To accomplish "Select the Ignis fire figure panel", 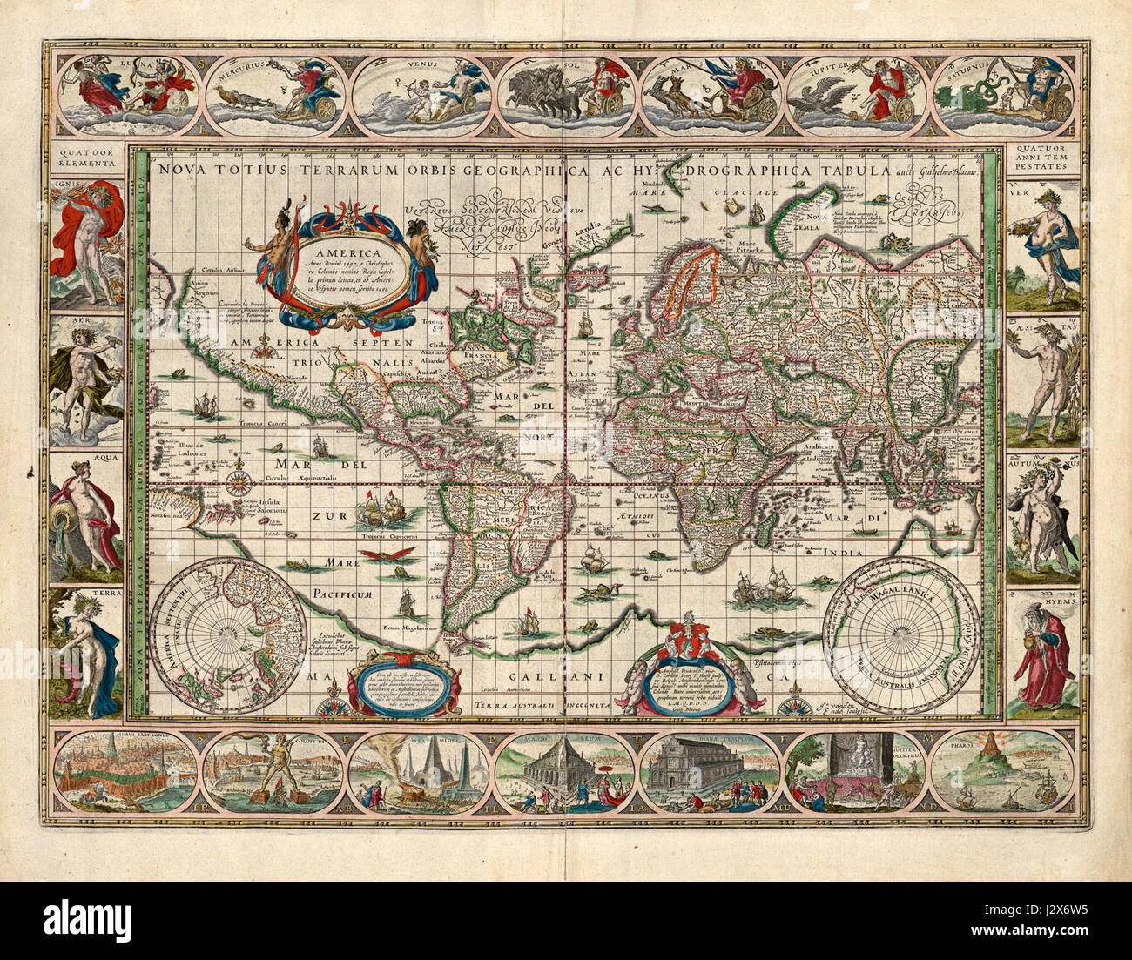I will (x=85, y=242).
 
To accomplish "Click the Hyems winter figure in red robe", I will (x=1043, y=655).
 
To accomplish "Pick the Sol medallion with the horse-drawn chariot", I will (x=567, y=96).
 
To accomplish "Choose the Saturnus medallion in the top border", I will (x=1002, y=96).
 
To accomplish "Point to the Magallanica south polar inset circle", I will (x=901, y=635).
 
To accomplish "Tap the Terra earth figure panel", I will (x=85, y=655).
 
